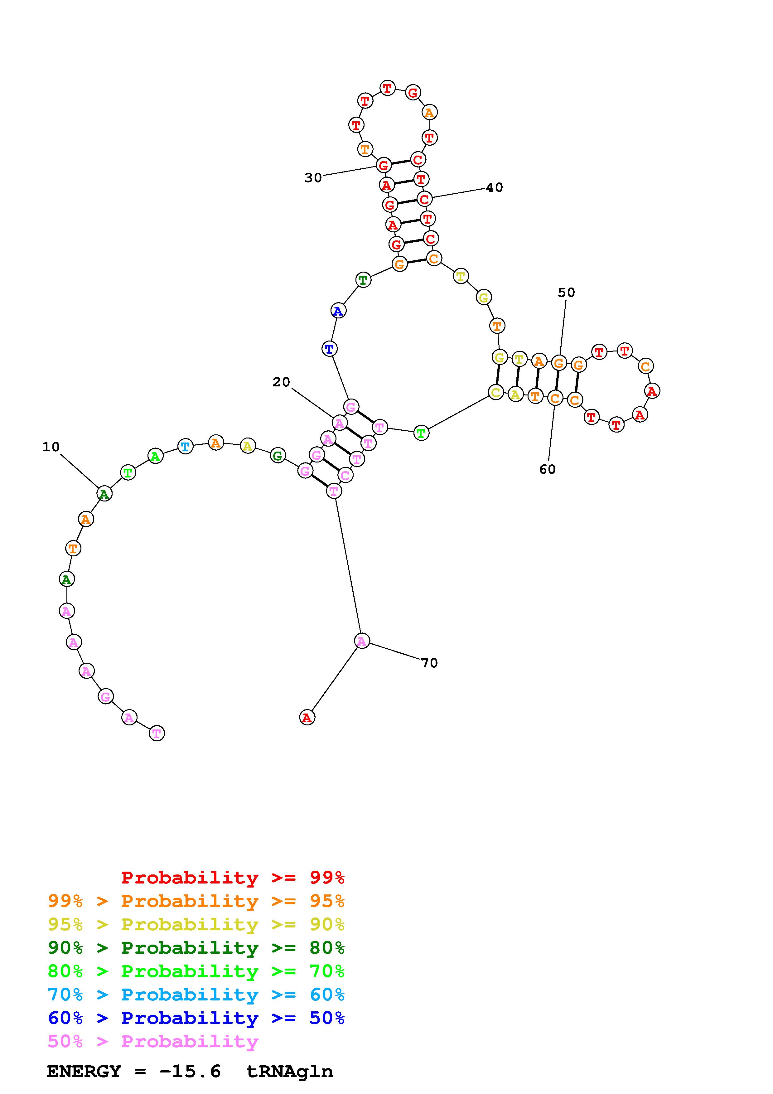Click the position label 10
click(51, 447)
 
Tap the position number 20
click(281, 382)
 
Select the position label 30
click(313, 178)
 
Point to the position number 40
click(494, 188)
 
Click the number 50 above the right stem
click(566, 293)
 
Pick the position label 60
click(547, 469)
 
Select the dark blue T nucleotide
click(329, 349)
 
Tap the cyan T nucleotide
click(185, 447)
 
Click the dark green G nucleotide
click(277, 456)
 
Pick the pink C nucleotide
click(345, 475)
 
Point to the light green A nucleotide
click(155, 456)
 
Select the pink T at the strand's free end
click(157, 733)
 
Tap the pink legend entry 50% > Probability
click(153, 1042)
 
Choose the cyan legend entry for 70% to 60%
click(196, 995)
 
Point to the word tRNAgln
click(289, 1071)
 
